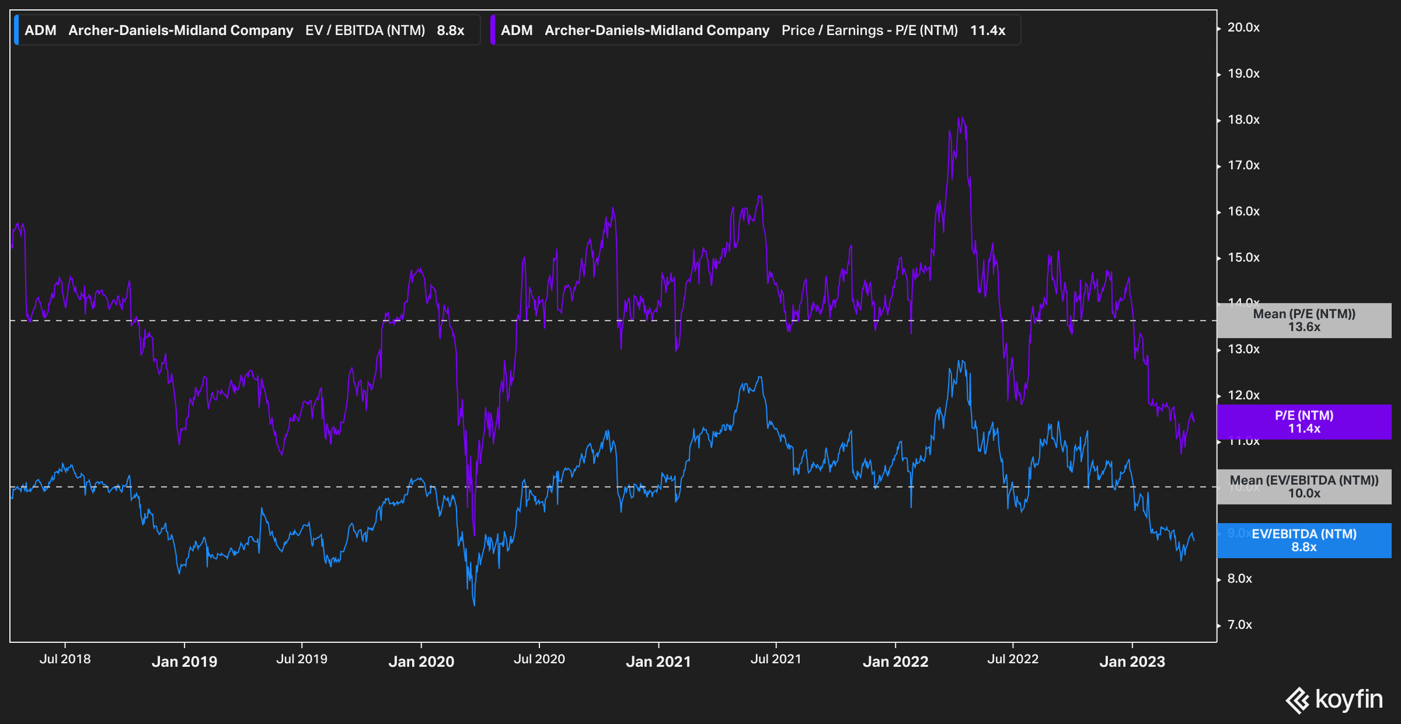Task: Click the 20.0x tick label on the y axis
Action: tap(1243, 27)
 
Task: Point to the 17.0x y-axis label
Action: tap(1243, 165)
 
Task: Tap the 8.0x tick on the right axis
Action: tap(1239, 579)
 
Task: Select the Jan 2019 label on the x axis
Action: tap(184, 662)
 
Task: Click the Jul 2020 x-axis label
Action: tap(539, 659)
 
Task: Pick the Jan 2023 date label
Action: tap(1132, 662)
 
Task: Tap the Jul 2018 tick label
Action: tap(65, 659)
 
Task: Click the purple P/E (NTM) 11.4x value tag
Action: tap(1304, 422)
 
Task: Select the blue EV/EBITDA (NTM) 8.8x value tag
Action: tap(1304, 540)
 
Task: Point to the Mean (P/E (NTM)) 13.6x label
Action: tap(1304, 320)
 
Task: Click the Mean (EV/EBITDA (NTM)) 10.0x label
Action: tap(1304, 486)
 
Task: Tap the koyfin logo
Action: tap(1334, 699)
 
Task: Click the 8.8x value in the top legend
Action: tap(451, 30)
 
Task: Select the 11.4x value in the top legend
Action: tap(988, 30)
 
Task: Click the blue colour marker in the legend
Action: tap(16, 30)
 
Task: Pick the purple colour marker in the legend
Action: tap(493, 30)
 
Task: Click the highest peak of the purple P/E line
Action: tap(960, 118)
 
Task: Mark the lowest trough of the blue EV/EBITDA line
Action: tap(474, 605)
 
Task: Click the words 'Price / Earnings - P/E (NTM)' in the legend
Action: tap(870, 30)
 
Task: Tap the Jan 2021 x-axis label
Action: tap(658, 662)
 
